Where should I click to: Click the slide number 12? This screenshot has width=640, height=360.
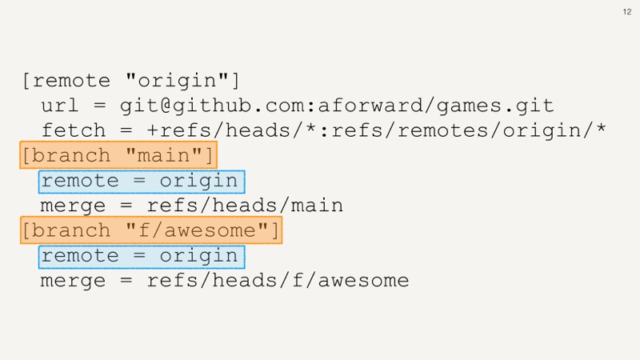pyautogui.click(x=627, y=12)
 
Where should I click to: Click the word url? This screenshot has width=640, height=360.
pyautogui.click(x=59, y=106)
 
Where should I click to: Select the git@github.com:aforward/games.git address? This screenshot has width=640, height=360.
pyautogui.click(x=337, y=106)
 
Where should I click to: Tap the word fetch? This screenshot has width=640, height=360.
pyautogui.click(x=74, y=130)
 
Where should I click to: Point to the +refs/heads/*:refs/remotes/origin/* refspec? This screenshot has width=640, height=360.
pyautogui.click(x=376, y=130)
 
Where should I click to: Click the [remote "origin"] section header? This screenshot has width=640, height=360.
pyautogui.click(x=130, y=81)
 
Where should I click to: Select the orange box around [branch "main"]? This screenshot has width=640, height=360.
pyautogui.click(x=118, y=155)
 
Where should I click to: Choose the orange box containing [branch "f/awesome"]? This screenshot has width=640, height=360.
pyautogui.click(x=151, y=230)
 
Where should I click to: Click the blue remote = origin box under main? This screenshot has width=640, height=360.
pyautogui.click(x=142, y=182)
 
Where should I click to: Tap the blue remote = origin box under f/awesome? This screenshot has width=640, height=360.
pyautogui.click(x=142, y=257)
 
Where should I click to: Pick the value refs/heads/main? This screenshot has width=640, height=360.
pyautogui.click(x=245, y=206)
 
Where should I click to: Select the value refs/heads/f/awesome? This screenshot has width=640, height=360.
pyautogui.click(x=278, y=281)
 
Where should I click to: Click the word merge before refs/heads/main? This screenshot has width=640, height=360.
pyautogui.click(x=73, y=206)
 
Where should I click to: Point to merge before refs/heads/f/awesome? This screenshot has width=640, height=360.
pyautogui.click(x=73, y=282)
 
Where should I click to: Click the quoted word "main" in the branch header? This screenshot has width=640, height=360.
pyautogui.click(x=164, y=155)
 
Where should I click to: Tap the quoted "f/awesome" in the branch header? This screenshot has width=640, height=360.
pyautogui.click(x=197, y=230)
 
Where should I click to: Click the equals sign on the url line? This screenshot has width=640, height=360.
pyautogui.click(x=99, y=106)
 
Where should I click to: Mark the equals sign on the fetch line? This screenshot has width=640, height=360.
pyautogui.click(x=126, y=130)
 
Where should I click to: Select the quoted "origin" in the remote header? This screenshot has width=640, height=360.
pyautogui.click(x=177, y=81)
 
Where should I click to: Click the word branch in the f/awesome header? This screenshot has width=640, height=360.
pyautogui.click(x=71, y=230)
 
